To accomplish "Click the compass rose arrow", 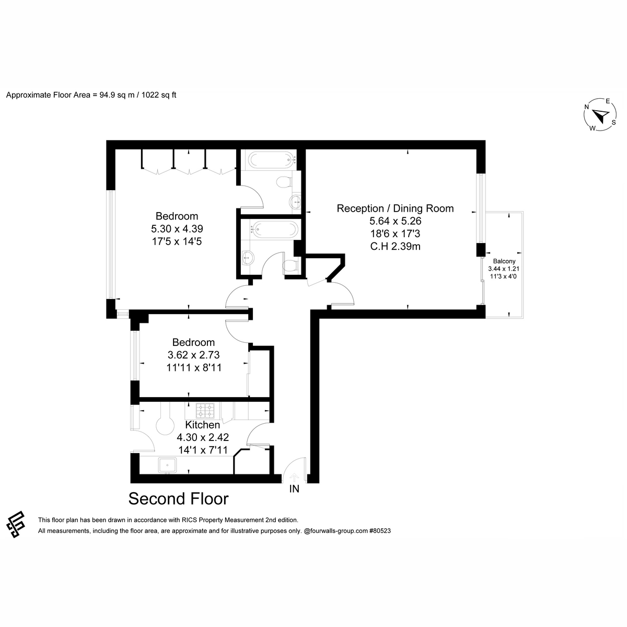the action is [600, 115].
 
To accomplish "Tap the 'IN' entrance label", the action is [294, 489].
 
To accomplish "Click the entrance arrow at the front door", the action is [294, 478].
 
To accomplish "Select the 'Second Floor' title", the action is [178, 499].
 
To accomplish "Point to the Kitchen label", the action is [203, 425].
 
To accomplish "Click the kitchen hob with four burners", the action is [205, 411].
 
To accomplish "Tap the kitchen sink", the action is [167, 465].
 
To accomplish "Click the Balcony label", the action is [504, 261].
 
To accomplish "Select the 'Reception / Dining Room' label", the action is [395, 208].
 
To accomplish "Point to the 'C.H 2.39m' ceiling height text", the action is [395, 246].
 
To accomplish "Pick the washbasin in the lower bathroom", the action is [249, 258].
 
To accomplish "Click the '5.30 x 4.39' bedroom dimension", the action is [177, 229].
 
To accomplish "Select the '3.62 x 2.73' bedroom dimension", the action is [194, 355].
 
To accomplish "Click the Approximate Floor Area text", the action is [91, 95].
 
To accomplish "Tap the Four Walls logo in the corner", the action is [16, 524].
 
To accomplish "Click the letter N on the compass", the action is [587, 107].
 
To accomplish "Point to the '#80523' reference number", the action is [380, 531].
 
